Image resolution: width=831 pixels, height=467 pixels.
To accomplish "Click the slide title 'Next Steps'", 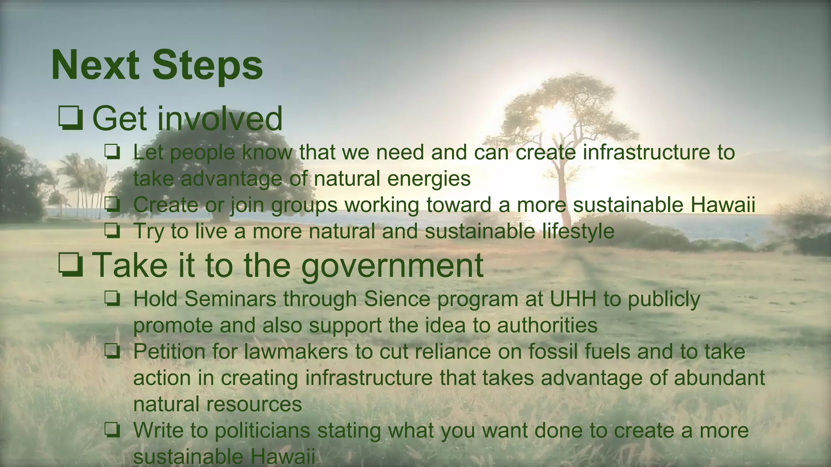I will tap(157, 65).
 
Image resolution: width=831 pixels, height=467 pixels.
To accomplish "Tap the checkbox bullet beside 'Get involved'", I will tap(71, 118).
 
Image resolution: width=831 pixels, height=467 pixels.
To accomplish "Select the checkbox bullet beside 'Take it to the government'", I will tap(71, 265).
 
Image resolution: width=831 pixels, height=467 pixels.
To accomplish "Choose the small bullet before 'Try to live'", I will tap(112, 231).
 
